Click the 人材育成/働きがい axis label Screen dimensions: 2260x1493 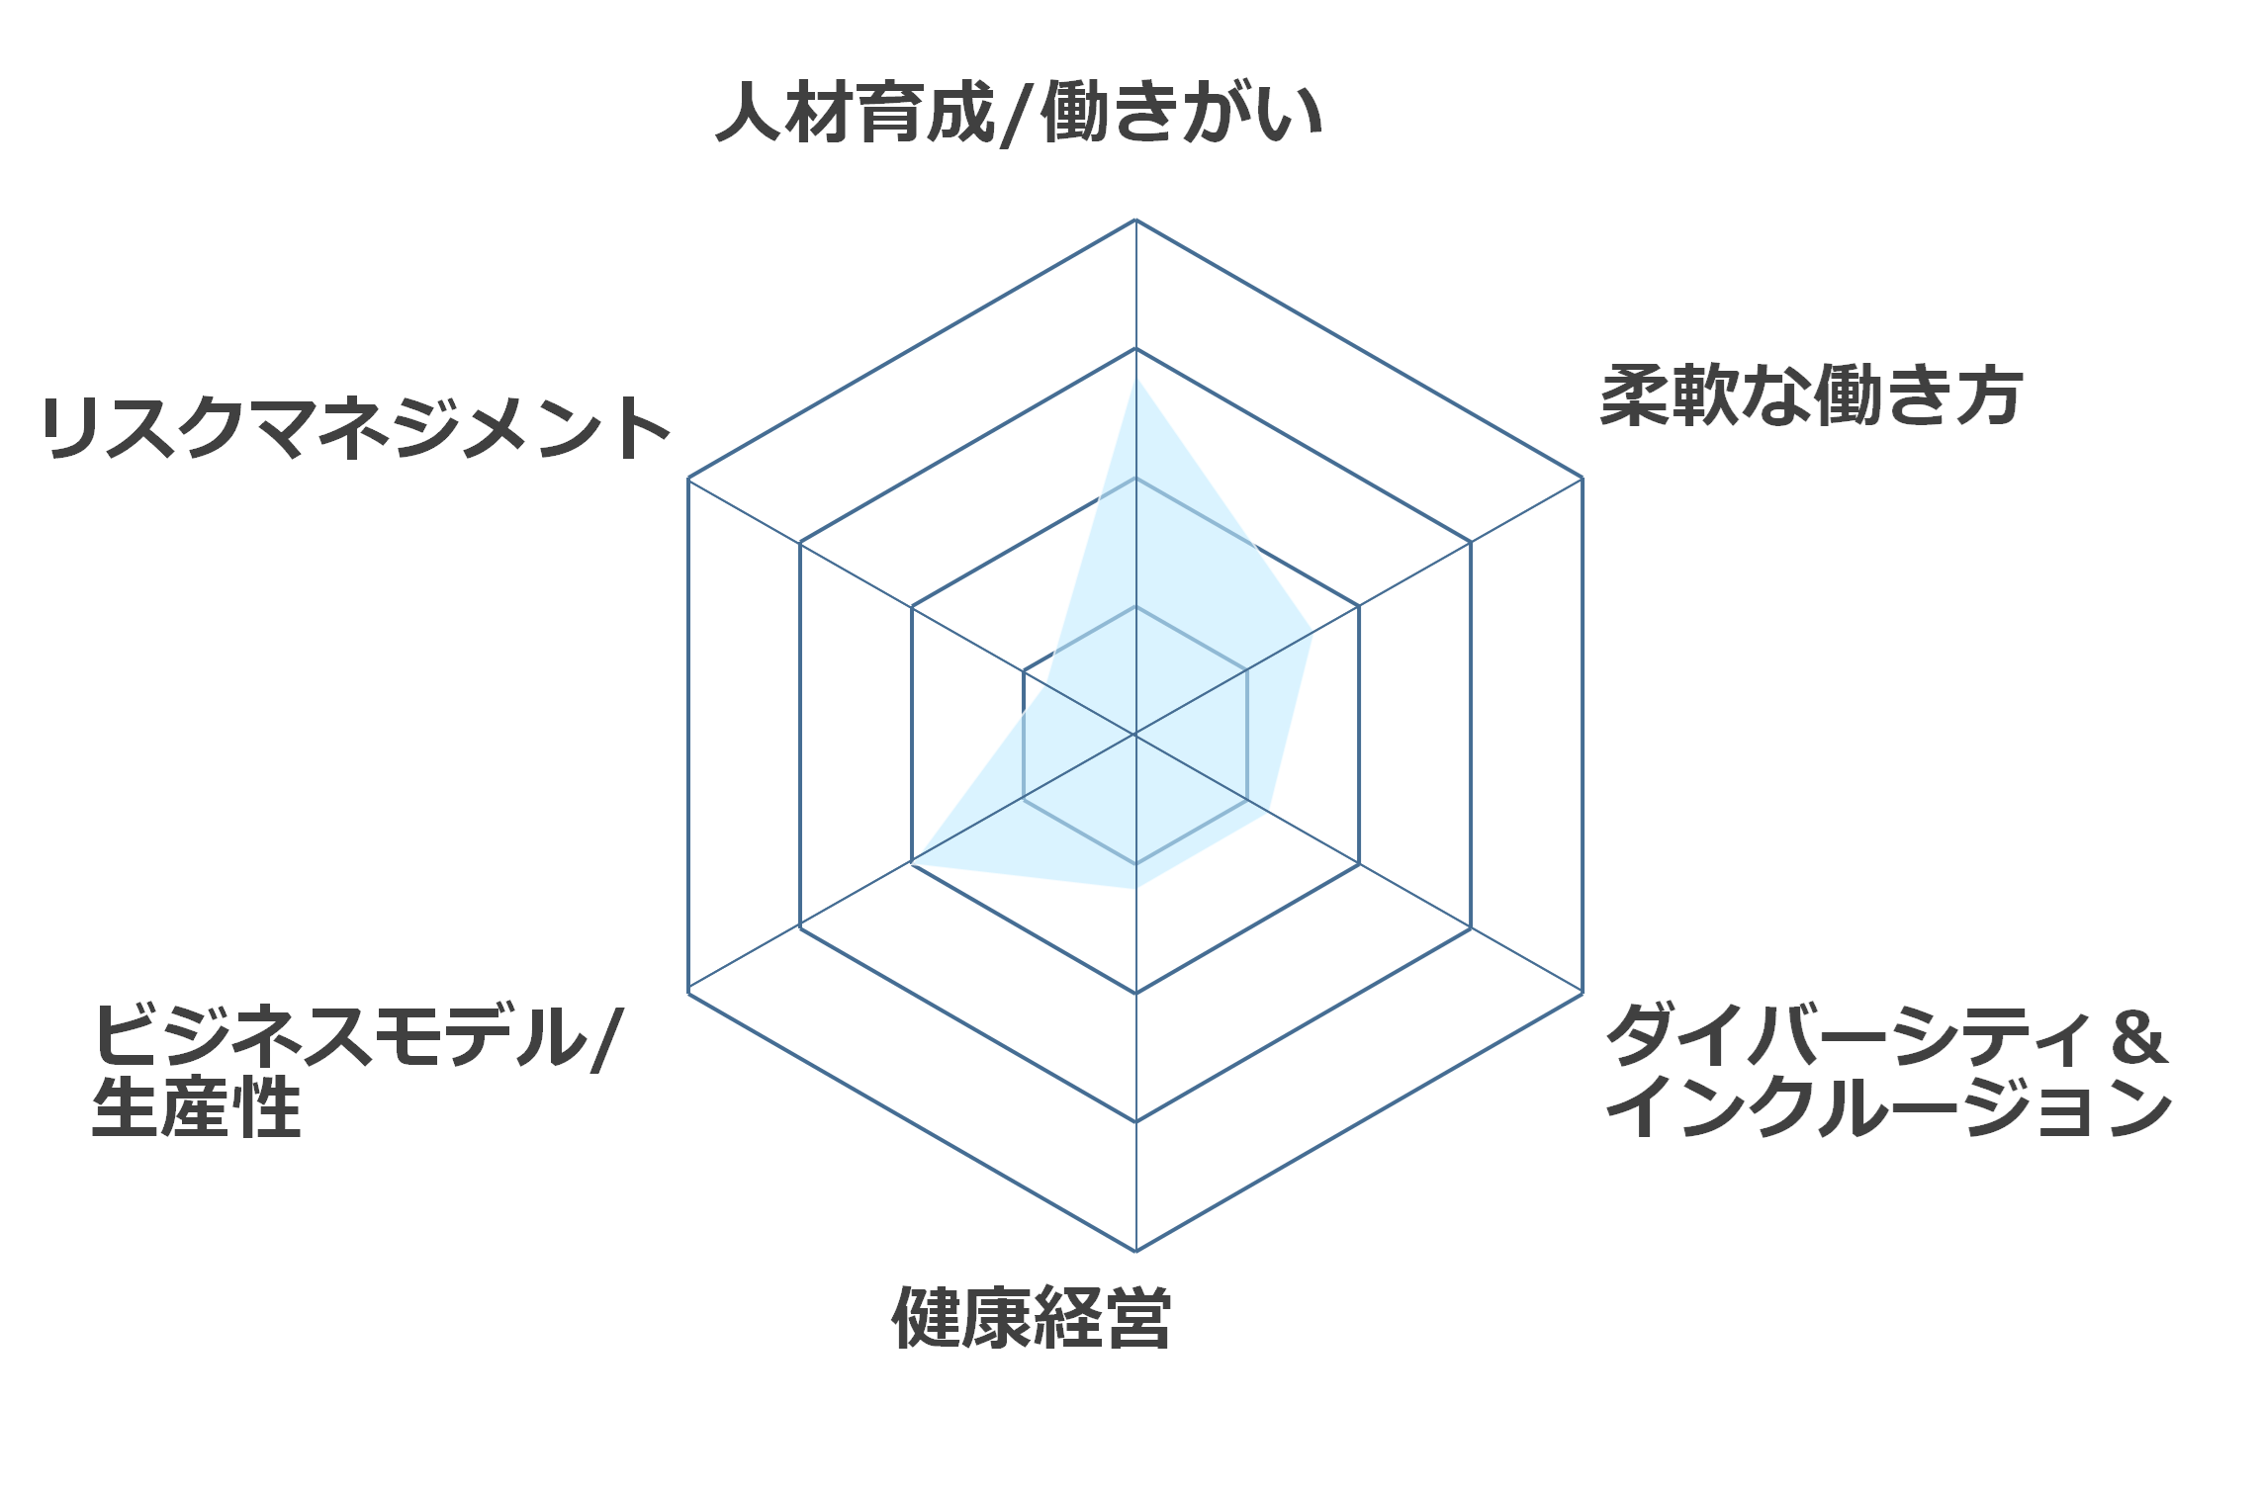point(1020,113)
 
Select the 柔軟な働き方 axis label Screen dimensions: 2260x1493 point(1811,395)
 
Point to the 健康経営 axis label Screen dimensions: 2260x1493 point(1032,1318)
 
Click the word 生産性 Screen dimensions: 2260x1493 point(196,1107)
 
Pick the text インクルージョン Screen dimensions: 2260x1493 point(1889,1107)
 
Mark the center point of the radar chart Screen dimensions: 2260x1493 point(1135,735)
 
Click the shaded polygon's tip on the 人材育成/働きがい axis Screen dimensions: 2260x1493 point(1135,379)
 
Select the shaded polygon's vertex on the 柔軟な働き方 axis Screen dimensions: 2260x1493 point(1312,633)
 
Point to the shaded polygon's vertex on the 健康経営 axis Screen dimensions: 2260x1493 point(1135,889)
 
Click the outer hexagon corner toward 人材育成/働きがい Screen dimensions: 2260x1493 point(1135,220)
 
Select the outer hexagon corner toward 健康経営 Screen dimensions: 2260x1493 point(1135,1251)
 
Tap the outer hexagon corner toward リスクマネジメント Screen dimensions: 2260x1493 point(688,478)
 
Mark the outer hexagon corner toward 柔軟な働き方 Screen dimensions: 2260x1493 point(1582,478)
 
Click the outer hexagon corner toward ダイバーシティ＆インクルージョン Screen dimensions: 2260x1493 point(1582,993)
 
